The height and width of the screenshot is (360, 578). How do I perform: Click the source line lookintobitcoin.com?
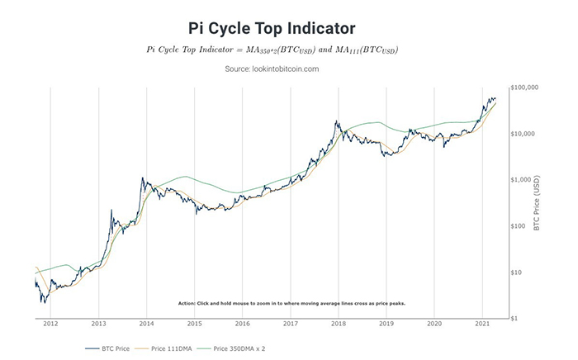272,69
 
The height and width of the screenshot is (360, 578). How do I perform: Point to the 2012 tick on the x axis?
50,324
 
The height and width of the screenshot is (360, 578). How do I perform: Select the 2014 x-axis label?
145,324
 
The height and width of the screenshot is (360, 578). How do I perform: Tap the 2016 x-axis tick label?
241,324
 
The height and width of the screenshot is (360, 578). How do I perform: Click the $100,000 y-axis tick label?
525,87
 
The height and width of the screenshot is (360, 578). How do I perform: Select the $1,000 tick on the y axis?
521,179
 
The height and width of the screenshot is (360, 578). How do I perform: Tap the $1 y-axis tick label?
514,318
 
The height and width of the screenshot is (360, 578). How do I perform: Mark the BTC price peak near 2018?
336,121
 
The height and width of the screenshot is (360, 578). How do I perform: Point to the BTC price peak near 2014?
143,177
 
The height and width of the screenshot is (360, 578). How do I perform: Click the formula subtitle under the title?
272,50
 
